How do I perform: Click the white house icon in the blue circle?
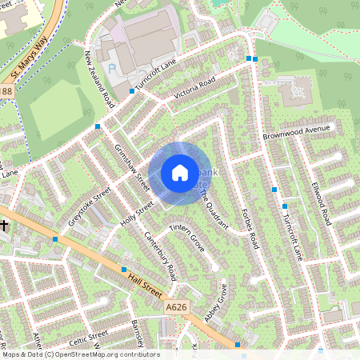(179, 173)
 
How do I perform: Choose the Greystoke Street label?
(89, 207)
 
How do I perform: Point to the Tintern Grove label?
(187, 238)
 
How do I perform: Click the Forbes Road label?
(251, 228)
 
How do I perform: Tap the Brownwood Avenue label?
(296, 132)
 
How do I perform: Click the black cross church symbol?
(4, 226)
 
